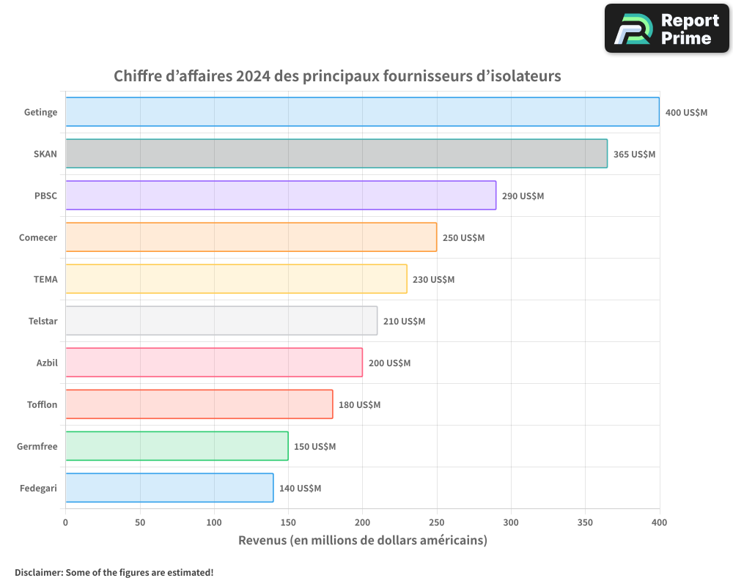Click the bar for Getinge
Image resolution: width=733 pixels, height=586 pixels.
362,112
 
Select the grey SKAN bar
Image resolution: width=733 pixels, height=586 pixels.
336,154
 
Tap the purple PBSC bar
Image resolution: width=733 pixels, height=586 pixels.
281,196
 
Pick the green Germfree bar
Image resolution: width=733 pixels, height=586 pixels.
177,446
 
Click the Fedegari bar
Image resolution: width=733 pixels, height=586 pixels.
169,488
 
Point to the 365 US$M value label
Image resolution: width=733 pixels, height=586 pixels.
634,155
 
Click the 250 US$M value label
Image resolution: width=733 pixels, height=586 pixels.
463,238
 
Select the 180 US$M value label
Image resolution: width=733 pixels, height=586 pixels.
359,405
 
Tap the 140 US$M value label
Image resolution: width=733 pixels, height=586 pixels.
300,489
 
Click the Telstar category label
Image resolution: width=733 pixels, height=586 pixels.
42,321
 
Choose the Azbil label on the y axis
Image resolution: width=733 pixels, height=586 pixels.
47,363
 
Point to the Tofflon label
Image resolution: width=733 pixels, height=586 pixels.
42,404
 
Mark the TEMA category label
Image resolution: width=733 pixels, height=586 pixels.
45,279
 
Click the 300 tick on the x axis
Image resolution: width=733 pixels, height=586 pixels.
511,523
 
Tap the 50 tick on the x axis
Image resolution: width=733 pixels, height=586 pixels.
140,523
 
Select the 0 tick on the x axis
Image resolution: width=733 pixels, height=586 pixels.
65,523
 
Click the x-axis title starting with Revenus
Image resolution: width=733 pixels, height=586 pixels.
362,541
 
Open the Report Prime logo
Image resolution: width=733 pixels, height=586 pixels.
666,29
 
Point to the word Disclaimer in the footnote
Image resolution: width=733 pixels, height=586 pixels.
38,572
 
